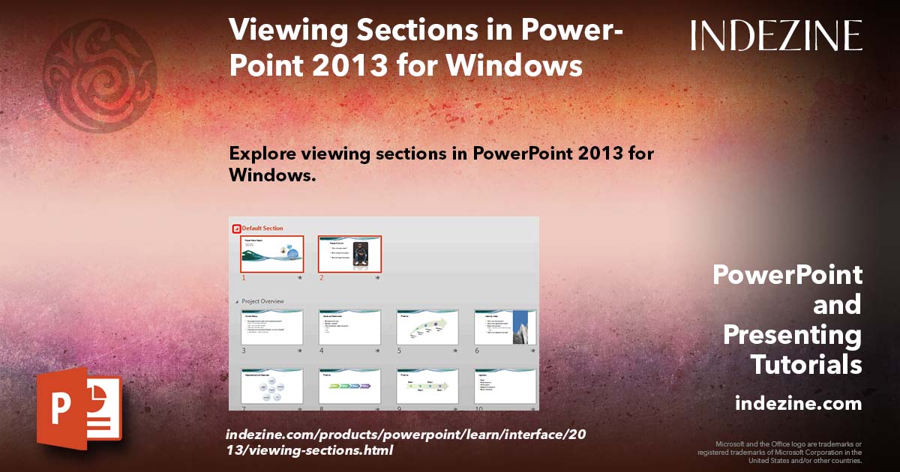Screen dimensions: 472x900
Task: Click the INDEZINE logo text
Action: pos(776,35)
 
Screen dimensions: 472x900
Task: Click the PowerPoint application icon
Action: pos(79,408)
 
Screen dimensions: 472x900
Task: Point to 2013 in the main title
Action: pos(332,66)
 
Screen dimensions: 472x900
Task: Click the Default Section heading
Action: pos(262,228)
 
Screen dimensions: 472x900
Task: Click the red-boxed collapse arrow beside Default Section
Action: pos(236,229)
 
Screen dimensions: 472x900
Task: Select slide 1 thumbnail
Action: pos(271,254)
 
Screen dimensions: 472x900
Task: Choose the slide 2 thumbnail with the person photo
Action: pos(349,254)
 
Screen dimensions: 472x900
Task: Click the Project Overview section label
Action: pos(262,301)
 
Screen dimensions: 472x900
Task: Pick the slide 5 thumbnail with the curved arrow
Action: pos(427,327)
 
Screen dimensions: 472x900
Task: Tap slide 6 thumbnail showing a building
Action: pos(505,327)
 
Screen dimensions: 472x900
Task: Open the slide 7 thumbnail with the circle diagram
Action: pos(271,387)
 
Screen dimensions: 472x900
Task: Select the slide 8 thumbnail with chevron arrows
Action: pos(349,387)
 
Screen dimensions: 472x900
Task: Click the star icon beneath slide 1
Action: pos(300,277)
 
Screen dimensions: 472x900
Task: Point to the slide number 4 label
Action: pos(322,350)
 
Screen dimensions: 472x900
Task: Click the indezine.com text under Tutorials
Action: pos(798,404)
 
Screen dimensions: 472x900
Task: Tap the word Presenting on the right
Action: pos(792,335)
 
